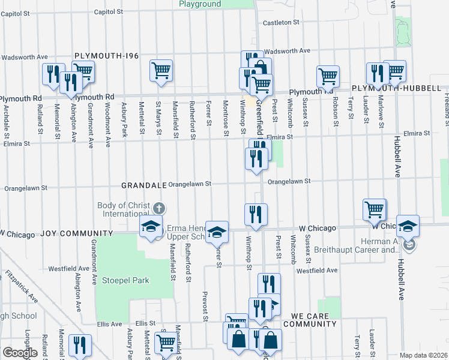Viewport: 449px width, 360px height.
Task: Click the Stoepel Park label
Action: click(124, 280)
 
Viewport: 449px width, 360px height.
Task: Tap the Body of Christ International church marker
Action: click(158, 209)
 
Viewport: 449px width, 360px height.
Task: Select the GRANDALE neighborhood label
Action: click(143, 185)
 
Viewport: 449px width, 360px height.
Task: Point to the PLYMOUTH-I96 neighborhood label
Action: click(106, 56)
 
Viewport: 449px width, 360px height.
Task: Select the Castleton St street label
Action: click(282, 23)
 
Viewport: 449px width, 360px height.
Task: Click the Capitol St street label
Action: click(109, 11)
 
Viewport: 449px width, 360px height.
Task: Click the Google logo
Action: click(19, 353)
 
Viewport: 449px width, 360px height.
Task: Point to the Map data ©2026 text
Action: click(423, 355)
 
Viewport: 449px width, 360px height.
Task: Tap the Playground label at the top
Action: click(200, 4)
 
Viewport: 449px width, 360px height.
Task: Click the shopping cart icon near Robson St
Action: click(328, 76)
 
